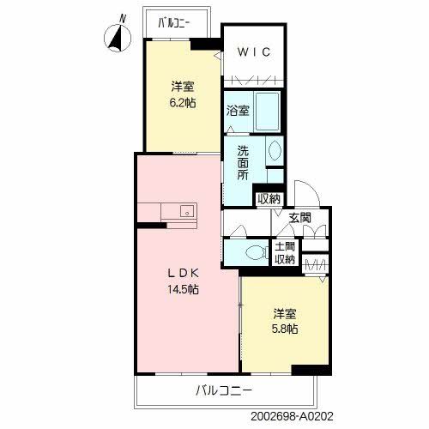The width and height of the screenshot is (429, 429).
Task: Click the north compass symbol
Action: (x=118, y=38)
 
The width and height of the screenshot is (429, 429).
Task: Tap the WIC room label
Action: (x=254, y=52)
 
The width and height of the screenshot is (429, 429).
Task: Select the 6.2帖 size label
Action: (x=183, y=102)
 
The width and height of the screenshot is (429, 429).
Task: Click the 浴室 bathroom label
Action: (x=238, y=111)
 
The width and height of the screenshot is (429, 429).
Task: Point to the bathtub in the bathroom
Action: (x=267, y=112)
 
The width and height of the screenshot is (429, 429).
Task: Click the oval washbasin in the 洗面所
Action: (x=275, y=150)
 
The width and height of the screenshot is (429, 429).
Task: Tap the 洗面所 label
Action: (x=243, y=163)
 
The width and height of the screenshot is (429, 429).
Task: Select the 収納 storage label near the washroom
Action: (x=269, y=199)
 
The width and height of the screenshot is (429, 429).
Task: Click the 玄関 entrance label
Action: (x=299, y=218)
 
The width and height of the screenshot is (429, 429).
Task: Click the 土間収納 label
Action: (x=285, y=253)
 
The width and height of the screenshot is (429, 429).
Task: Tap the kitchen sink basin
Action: (x=187, y=212)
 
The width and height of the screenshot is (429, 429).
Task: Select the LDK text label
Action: (x=183, y=274)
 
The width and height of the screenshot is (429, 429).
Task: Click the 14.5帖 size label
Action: (x=183, y=289)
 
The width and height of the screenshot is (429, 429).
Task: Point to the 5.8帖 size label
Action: (x=285, y=329)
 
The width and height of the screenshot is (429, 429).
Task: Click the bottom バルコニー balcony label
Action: (x=224, y=390)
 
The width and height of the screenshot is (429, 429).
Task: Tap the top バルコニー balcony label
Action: (x=174, y=23)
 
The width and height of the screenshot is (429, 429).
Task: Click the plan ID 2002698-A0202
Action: (x=292, y=416)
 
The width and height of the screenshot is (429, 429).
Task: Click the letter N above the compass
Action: (x=123, y=19)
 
